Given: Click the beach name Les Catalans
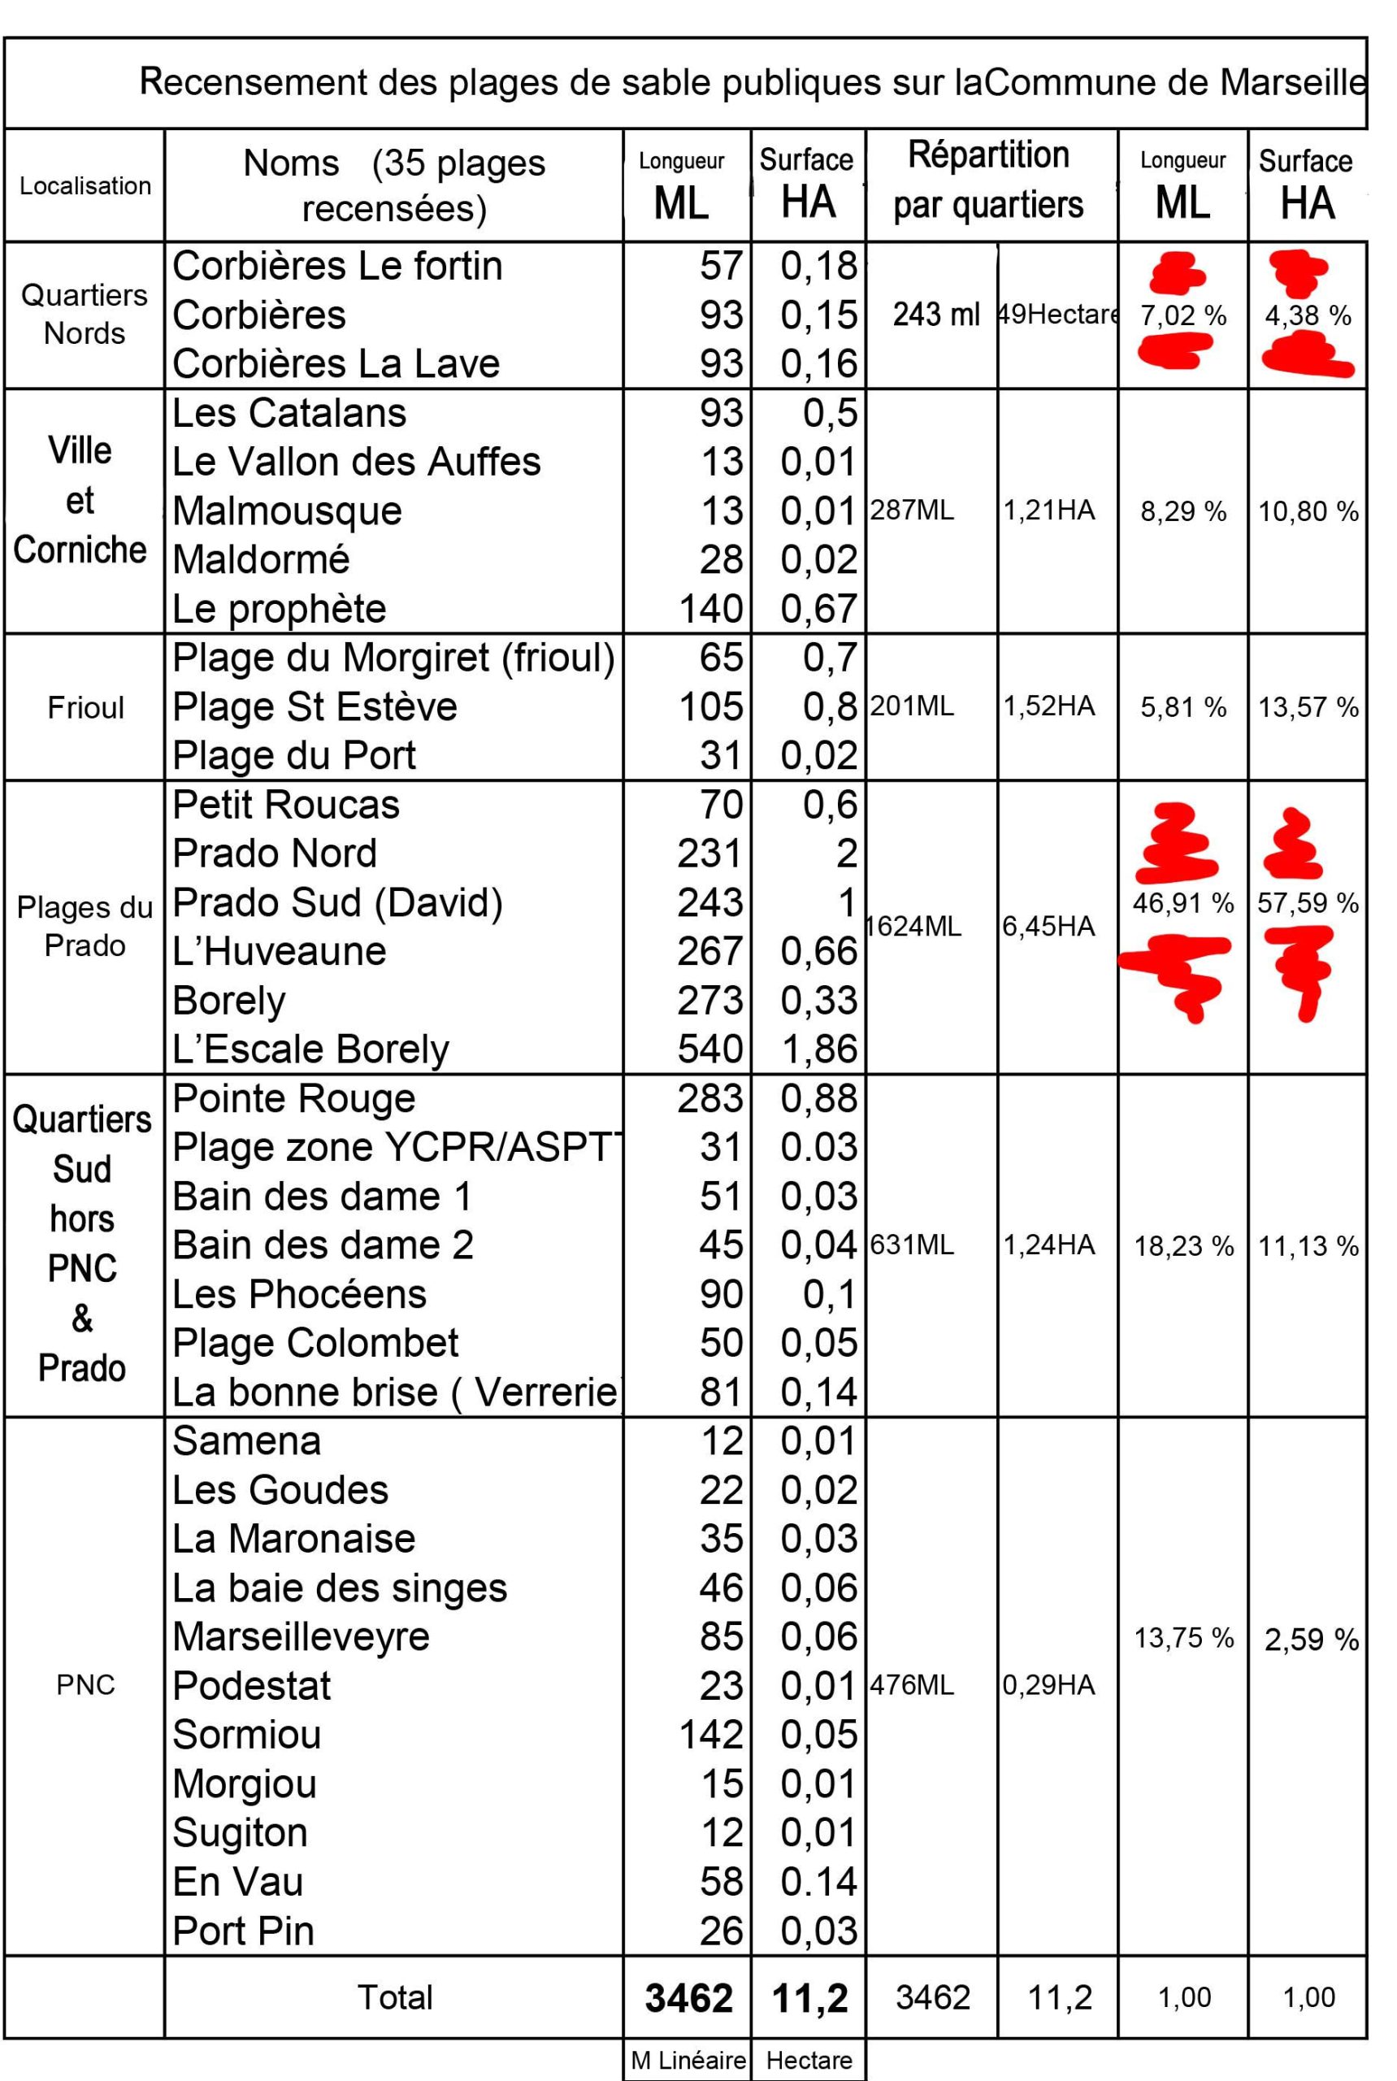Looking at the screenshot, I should (x=289, y=414).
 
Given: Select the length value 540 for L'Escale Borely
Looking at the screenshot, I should (x=710, y=1049).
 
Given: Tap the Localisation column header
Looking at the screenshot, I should (x=85, y=186).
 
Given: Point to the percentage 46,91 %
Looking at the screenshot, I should (x=1183, y=903).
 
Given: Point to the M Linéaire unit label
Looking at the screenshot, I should (x=688, y=2060).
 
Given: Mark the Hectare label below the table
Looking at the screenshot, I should (x=809, y=2060).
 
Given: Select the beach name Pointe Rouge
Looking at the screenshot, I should (x=294, y=1099).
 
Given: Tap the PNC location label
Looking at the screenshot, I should (x=85, y=1685).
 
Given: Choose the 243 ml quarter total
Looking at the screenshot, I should (x=935, y=315).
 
